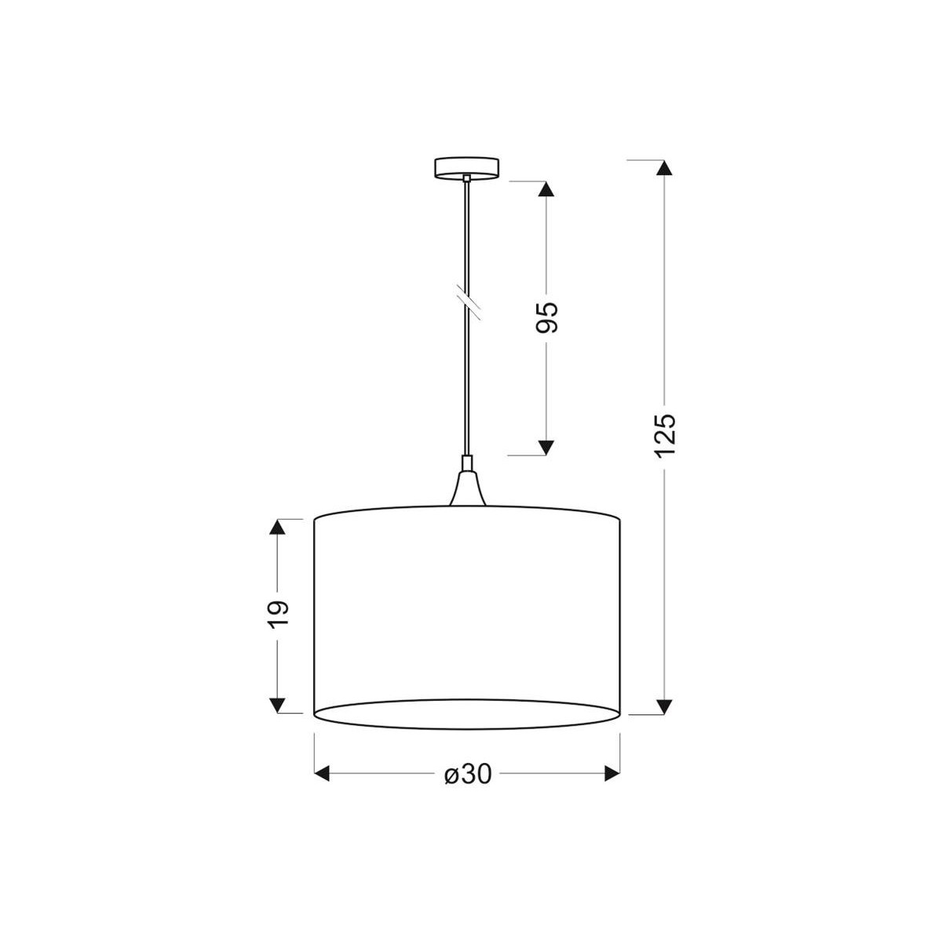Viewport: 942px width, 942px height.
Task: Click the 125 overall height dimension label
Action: coord(664,434)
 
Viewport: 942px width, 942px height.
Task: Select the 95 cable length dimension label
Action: coord(546,316)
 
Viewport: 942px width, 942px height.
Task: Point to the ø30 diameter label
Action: coord(468,775)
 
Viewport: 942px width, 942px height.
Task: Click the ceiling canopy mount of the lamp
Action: coord(467,167)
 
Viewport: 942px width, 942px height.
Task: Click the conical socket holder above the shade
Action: coord(467,487)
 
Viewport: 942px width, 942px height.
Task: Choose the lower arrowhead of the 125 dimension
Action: coord(664,706)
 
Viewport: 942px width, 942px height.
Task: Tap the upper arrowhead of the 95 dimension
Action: coord(546,189)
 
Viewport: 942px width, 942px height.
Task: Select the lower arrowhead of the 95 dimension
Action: coord(546,447)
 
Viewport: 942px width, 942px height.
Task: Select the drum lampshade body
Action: coord(468,604)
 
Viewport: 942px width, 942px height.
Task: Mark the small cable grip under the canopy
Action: coord(467,179)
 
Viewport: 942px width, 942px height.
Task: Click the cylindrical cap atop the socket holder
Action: coord(467,463)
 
